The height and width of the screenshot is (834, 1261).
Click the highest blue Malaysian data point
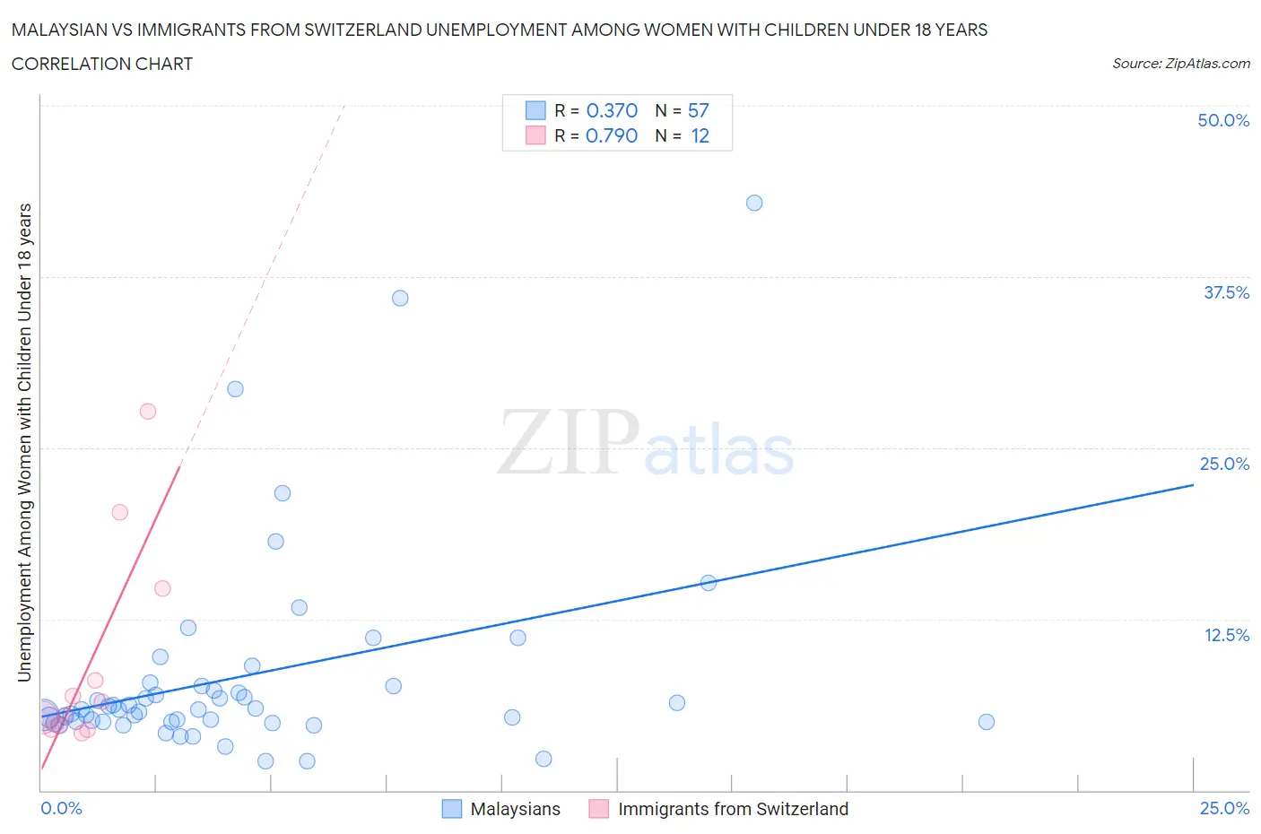click(754, 203)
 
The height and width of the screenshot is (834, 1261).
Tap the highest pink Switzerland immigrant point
click(148, 412)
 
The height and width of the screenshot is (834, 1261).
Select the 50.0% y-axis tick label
click(1223, 120)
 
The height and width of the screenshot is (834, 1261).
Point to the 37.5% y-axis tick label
click(1226, 292)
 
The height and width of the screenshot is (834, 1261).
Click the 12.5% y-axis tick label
click(1226, 635)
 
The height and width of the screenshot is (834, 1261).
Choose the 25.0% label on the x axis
click(1224, 808)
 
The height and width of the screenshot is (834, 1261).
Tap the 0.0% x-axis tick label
click(62, 808)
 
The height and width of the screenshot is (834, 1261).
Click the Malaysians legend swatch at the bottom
click(452, 809)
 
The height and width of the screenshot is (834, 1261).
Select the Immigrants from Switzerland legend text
click(733, 809)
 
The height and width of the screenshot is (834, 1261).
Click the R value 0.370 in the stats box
click(612, 110)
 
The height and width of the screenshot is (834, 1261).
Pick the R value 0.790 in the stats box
click(612, 135)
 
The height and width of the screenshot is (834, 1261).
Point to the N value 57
click(698, 110)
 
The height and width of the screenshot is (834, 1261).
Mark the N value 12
click(700, 135)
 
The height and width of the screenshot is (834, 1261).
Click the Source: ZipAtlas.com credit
click(1180, 63)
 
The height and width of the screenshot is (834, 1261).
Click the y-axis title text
click(24, 442)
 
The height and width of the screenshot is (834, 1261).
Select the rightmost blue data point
click(987, 722)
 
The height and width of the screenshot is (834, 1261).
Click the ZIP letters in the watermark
click(568, 441)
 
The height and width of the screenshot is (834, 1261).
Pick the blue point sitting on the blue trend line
click(708, 583)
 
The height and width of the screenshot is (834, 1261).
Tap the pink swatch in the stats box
click(535, 135)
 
